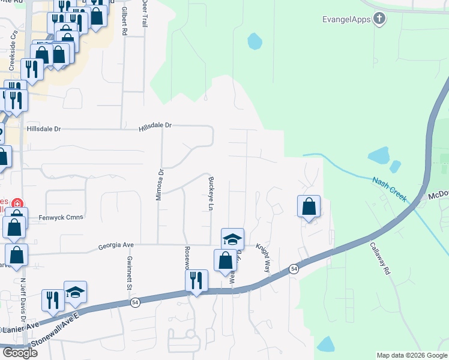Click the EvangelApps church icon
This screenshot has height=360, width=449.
[379, 19]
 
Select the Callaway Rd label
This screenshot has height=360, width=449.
[380, 259]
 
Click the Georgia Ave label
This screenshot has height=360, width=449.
[116, 245]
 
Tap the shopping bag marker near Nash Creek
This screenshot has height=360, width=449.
[309, 206]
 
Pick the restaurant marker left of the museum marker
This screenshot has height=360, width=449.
[53, 299]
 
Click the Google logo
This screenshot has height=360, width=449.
[19, 353]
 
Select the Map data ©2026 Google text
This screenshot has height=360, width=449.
[412, 355]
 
